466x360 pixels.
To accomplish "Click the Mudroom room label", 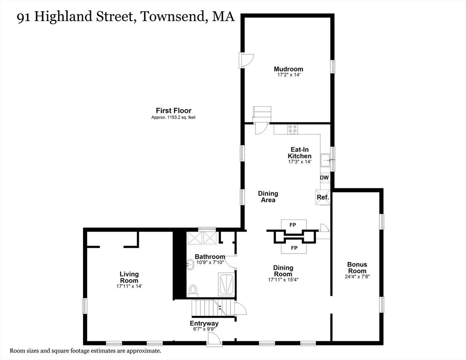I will [288, 69].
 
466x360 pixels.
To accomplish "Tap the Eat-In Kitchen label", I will [300, 153].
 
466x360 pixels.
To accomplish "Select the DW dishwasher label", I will [324, 178].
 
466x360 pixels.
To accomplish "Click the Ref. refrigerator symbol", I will [323, 197].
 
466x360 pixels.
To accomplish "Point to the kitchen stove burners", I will [293, 127].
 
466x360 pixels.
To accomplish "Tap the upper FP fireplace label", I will [293, 225].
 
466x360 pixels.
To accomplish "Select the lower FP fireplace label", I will [294, 247].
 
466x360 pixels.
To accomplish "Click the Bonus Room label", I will [357, 268].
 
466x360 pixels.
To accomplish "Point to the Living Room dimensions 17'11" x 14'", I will [129, 286].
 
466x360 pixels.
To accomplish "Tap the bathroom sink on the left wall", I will [190, 265].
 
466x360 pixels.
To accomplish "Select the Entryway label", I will [204, 323].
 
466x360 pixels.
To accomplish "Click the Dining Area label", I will [268, 196].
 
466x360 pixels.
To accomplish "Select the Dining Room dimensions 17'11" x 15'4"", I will [283, 280].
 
